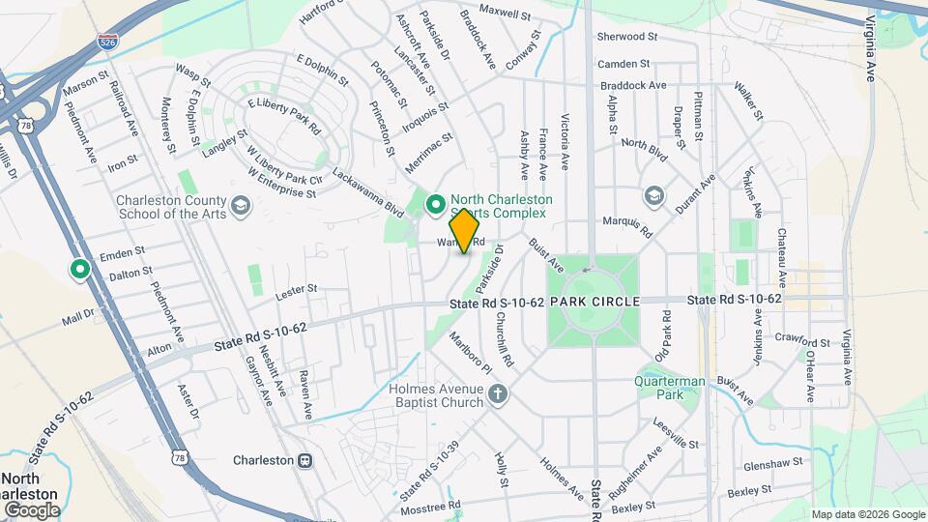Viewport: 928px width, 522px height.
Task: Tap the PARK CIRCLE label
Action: coord(594,303)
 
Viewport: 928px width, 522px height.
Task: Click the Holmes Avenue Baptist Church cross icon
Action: coord(498,393)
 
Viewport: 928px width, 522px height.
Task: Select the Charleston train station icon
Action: coord(305,460)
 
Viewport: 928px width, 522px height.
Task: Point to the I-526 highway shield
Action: coord(107,43)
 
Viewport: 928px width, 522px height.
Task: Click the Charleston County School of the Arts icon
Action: coord(241,204)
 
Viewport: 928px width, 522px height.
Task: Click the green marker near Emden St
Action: coord(78,270)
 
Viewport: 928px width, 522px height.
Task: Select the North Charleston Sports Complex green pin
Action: coord(436,204)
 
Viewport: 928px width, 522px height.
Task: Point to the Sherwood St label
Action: coord(626,37)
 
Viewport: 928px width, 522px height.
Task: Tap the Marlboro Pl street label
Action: coord(470,354)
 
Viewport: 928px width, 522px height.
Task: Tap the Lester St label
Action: coord(296,289)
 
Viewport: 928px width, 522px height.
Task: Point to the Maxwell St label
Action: coord(505,14)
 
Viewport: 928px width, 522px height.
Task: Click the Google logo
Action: coord(31,509)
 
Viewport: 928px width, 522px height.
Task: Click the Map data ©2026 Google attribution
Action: coord(867,514)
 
